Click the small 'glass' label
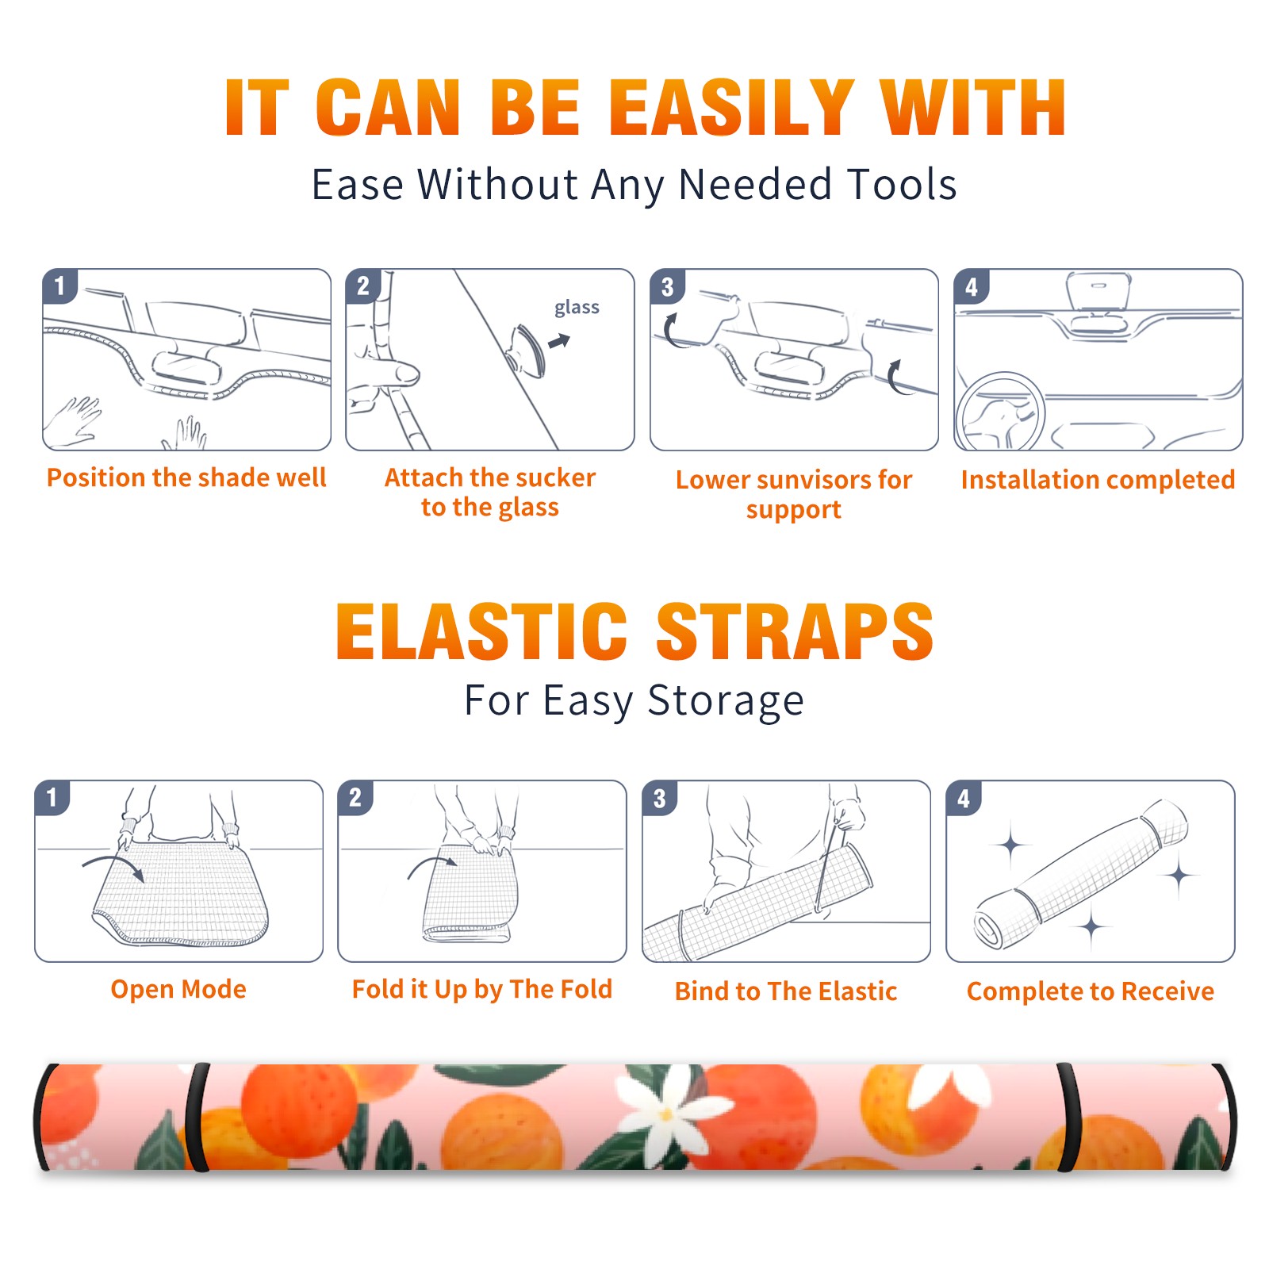[577, 308]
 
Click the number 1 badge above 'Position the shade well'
[60, 286]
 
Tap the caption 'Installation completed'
[1098, 479]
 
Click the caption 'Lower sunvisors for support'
[794, 494]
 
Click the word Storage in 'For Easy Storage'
[726, 701]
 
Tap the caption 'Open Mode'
[178, 989]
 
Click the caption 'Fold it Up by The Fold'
[482, 989]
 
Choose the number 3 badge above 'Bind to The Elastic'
[660, 798]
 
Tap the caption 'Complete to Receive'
[1091, 991]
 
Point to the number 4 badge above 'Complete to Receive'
[964, 798]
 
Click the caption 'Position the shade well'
[186, 477]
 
